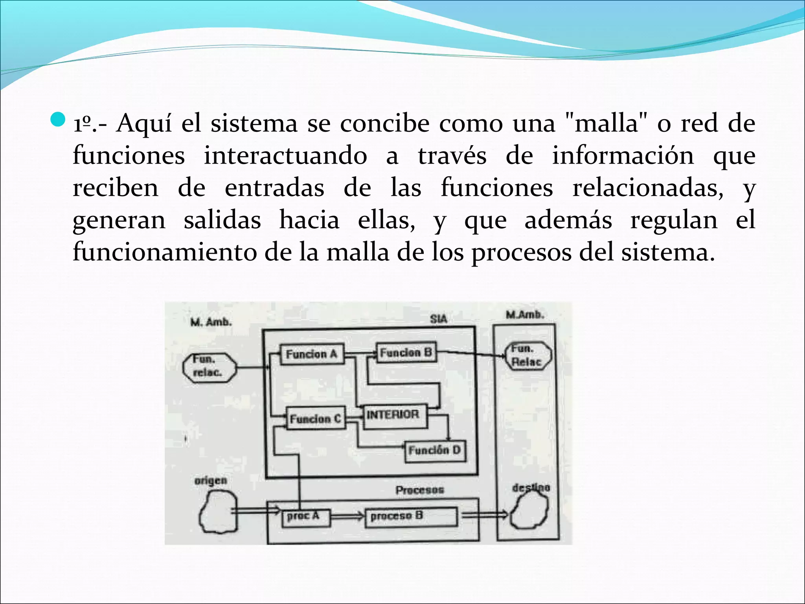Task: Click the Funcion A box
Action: coord(312,354)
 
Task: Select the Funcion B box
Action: coord(406,352)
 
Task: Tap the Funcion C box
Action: coord(316,418)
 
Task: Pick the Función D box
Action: coord(435,450)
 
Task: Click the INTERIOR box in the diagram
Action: coord(393,415)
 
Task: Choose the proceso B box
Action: coord(411,516)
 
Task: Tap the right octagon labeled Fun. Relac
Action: coord(528,355)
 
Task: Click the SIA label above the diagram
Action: coord(438,319)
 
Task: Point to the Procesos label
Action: coord(419,490)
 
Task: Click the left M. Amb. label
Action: coord(211,322)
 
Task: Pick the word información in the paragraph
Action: coord(623,156)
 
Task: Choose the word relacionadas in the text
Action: coord(647,188)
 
